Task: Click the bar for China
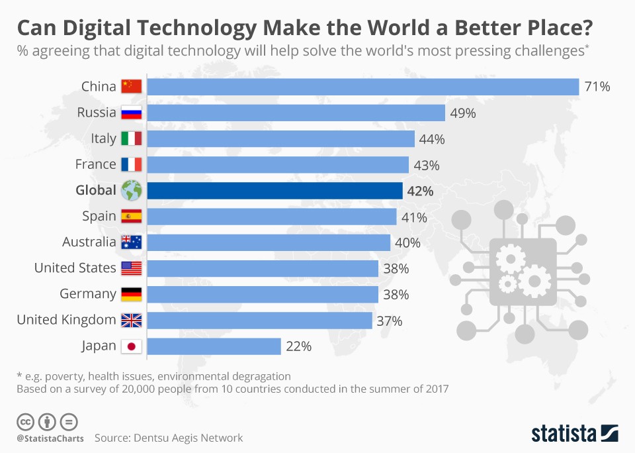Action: [x=362, y=87]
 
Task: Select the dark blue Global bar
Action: [x=275, y=191]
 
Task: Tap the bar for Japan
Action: [x=214, y=346]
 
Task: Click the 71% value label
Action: [x=597, y=87]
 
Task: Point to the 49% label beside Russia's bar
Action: [x=462, y=113]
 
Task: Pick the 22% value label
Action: [x=298, y=346]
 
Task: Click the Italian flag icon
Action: [x=131, y=139]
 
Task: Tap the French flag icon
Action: [x=131, y=165]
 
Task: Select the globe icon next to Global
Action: [x=131, y=191]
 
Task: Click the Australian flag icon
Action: [x=131, y=242]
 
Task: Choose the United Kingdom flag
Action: [x=131, y=321]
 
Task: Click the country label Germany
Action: [x=88, y=294]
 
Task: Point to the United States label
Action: [x=75, y=268]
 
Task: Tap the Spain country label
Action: [x=99, y=217]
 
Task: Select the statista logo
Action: [x=575, y=434]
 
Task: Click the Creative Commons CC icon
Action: [x=24, y=421]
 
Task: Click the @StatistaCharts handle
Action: [x=50, y=438]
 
